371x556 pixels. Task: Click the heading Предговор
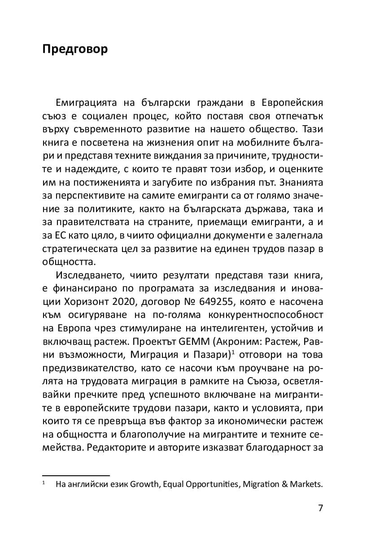[75, 49]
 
